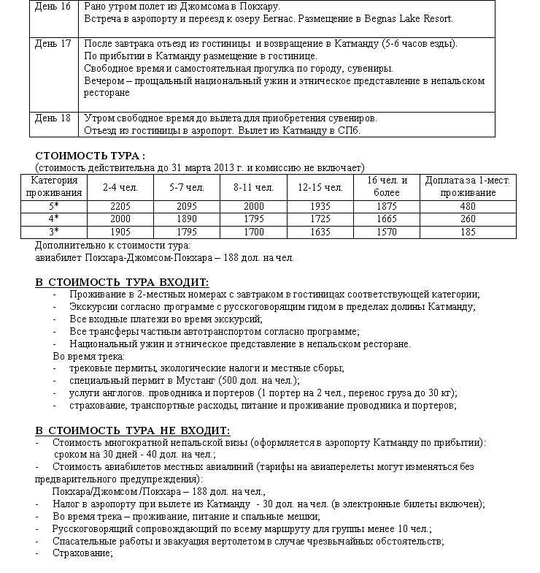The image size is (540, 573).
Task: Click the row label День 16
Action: click(x=53, y=6)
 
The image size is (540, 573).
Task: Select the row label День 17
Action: click(x=53, y=44)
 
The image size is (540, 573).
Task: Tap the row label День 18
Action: click(x=53, y=118)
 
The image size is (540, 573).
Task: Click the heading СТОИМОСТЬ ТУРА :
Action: click(x=90, y=156)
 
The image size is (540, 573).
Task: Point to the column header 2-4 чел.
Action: click(x=116, y=187)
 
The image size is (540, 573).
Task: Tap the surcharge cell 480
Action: click(x=468, y=207)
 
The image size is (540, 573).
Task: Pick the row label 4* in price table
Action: click(x=53, y=219)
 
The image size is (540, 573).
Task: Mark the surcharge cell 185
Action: click(x=468, y=232)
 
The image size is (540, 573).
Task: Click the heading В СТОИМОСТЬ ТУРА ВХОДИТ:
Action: click(x=122, y=282)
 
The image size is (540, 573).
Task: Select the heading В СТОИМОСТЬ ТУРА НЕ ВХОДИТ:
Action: click(x=133, y=430)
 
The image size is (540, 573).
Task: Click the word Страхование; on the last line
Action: click(x=82, y=553)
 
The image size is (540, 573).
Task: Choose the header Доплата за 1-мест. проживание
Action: click(x=468, y=186)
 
